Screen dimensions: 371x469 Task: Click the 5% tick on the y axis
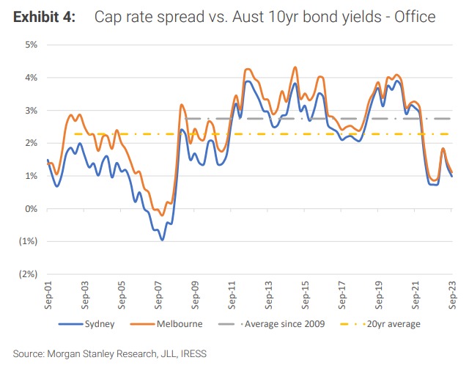point(30,45)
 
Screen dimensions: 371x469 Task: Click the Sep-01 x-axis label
point(48,295)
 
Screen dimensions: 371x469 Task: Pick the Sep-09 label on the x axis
point(195,295)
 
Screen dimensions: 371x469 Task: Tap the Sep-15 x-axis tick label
point(306,295)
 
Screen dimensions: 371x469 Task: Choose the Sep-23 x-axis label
point(452,295)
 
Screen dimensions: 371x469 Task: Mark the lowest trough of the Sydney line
point(162,240)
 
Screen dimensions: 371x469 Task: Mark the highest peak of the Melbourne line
point(295,67)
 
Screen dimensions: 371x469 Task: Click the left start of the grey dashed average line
point(186,119)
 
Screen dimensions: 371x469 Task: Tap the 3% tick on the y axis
point(30,111)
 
